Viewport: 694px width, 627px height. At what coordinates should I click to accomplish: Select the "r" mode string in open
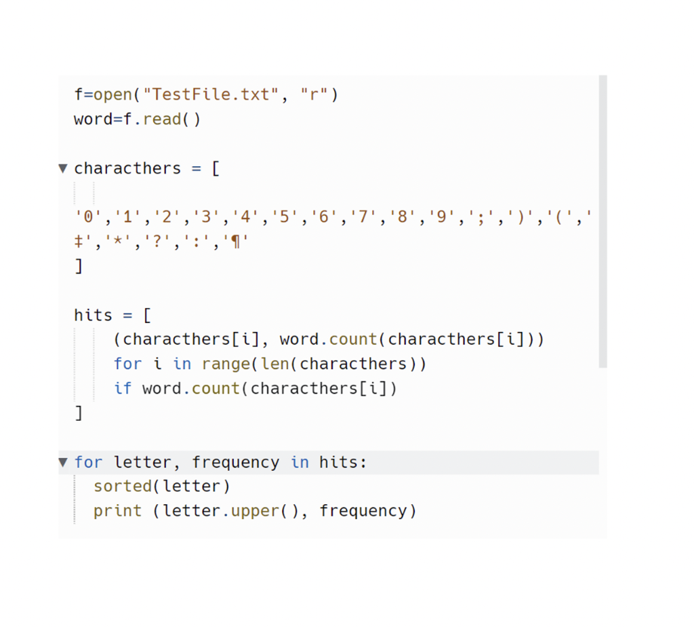click(314, 94)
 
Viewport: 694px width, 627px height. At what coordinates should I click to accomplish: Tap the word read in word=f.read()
click(162, 119)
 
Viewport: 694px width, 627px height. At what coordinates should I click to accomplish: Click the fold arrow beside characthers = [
click(63, 168)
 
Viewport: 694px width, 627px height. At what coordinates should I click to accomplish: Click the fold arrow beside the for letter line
click(63, 462)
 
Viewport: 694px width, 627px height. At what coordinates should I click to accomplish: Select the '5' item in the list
click(284, 218)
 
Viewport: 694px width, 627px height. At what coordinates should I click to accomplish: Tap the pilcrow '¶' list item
click(236, 242)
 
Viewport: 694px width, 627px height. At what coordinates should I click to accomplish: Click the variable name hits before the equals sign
click(93, 315)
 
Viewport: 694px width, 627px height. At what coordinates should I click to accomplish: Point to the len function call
click(274, 364)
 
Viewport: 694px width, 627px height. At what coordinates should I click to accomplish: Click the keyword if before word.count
click(123, 388)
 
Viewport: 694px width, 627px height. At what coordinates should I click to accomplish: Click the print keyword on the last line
click(117, 510)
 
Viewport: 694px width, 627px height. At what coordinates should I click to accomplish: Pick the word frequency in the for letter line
click(235, 462)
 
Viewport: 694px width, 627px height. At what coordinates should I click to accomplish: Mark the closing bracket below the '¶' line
click(79, 266)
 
